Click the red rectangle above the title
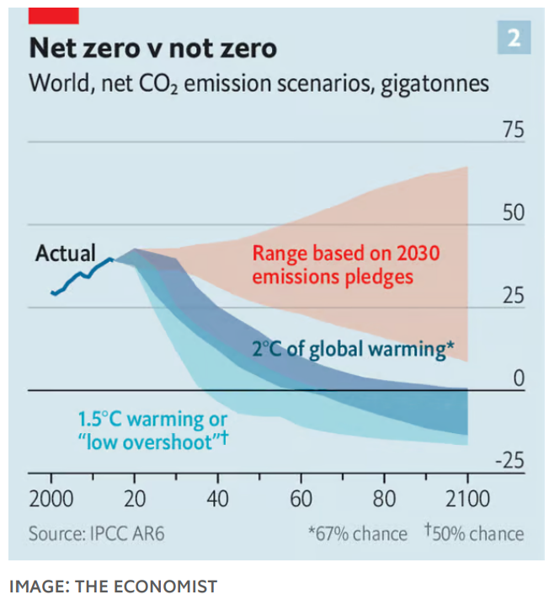(53, 14)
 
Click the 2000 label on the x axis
(51, 499)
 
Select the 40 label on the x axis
(217, 499)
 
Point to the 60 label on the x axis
(301, 499)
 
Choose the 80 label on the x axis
(384, 499)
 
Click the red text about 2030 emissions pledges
(345, 265)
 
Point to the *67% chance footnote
(357, 534)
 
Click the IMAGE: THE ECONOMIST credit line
(113, 586)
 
